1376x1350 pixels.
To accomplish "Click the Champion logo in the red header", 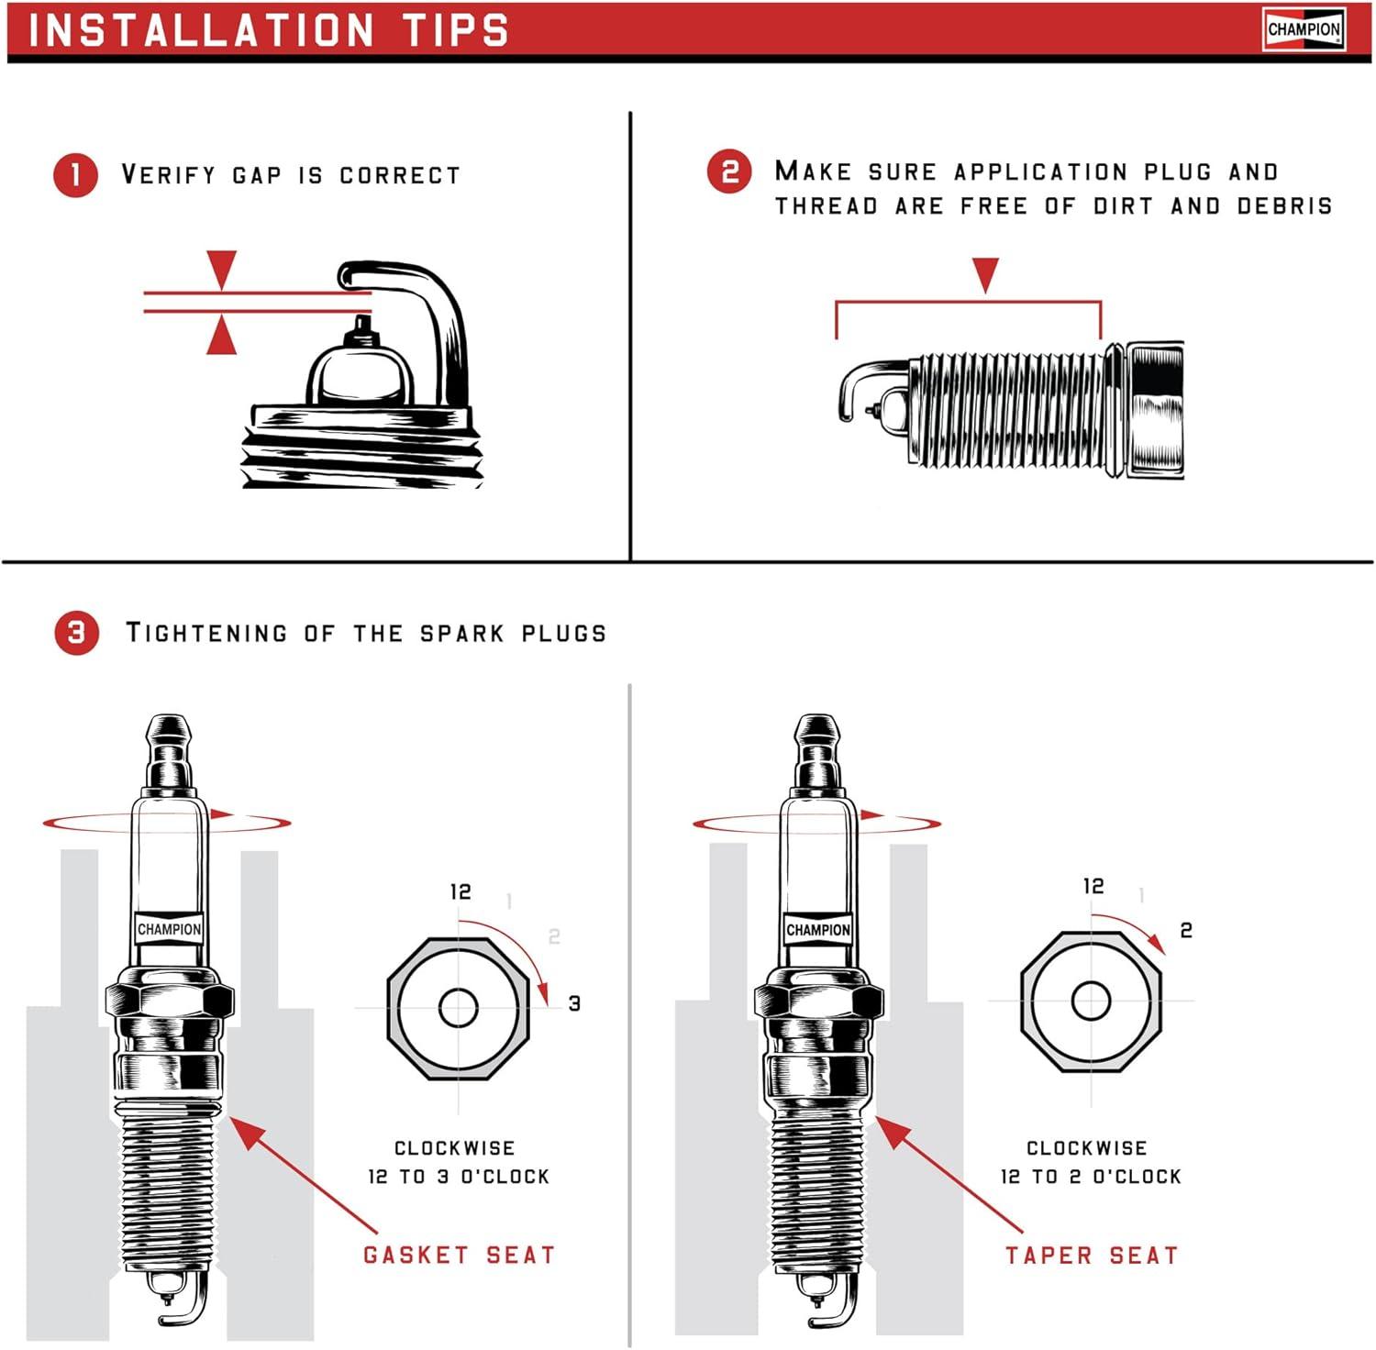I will click(x=1304, y=30).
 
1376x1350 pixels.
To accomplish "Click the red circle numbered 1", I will click(x=75, y=174).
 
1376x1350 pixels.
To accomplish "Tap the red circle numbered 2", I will click(x=729, y=172).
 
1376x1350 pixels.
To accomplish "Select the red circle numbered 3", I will click(x=76, y=632).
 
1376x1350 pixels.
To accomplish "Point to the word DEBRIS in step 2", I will click(x=1283, y=205).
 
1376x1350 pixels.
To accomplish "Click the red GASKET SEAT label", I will click(x=459, y=1255).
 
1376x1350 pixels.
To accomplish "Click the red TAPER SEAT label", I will click(x=1091, y=1256).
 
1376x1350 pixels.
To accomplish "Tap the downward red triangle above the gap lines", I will click(x=222, y=269).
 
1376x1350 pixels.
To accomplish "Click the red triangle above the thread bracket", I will click(x=985, y=274).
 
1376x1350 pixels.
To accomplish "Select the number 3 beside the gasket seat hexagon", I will click(x=574, y=1003).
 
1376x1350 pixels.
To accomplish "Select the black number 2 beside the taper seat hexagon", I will click(x=1186, y=931).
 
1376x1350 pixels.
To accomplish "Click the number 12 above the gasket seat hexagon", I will click(x=461, y=891).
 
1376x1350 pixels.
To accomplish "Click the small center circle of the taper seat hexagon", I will click(x=1091, y=1001).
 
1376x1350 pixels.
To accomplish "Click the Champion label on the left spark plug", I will click(x=169, y=929).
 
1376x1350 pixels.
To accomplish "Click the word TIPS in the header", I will click(x=456, y=30).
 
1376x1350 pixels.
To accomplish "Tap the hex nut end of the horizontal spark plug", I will click(x=1155, y=409).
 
